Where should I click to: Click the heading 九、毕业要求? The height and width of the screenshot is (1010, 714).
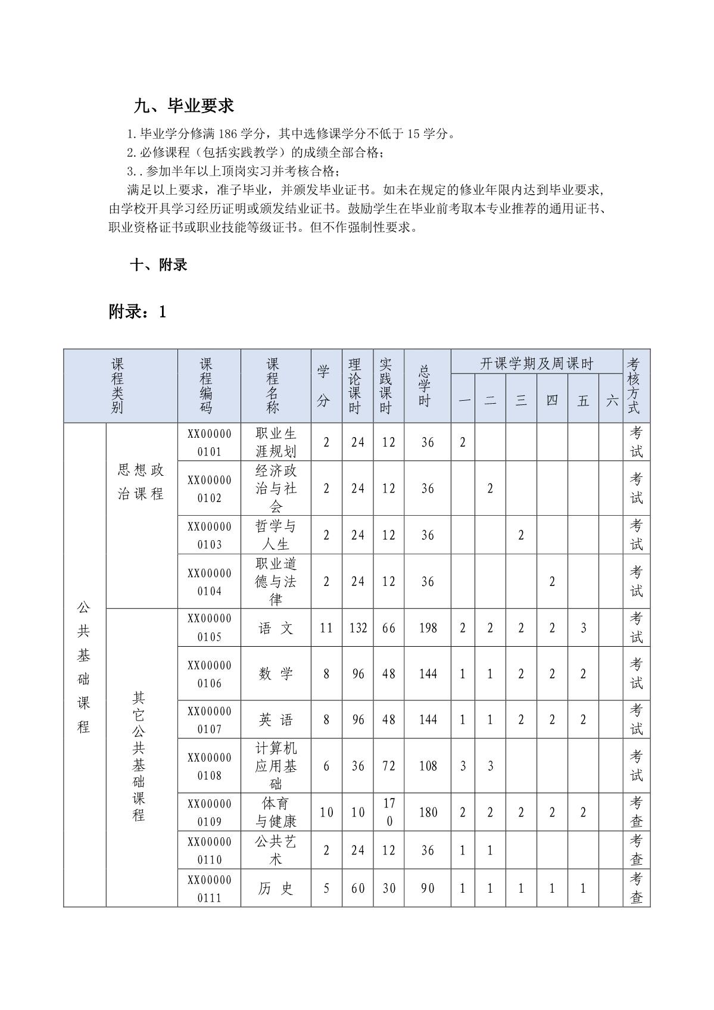click(x=183, y=106)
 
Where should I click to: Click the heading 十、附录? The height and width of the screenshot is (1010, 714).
click(x=158, y=265)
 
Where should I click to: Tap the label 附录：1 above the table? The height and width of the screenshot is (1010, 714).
click(x=138, y=311)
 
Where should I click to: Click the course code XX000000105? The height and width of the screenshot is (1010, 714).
click(x=209, y=628)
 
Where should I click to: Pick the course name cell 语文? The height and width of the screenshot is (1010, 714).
click(x=276, y=628)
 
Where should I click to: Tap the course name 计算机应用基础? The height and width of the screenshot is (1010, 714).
click(x=276, y=766)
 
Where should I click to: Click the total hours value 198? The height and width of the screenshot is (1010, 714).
click(x=428, y=628)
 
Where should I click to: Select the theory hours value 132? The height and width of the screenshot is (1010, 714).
click(x=358, y=628)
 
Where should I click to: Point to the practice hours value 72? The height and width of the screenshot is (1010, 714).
click(x=388, y=766)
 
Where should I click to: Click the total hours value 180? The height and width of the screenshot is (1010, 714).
click(x=428, y=812)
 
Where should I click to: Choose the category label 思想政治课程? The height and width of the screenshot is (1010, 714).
click(x=141, y=482)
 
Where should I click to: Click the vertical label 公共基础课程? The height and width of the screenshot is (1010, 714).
click(x=84, y=667)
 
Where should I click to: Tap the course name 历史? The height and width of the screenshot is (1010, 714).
click(x=276, y=889)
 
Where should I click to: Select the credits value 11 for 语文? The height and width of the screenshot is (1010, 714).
click(x=326, y=628)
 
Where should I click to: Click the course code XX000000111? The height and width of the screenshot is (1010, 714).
click(x=209, y=889)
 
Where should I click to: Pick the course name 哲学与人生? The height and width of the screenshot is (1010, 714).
click(x=276, y=535)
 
